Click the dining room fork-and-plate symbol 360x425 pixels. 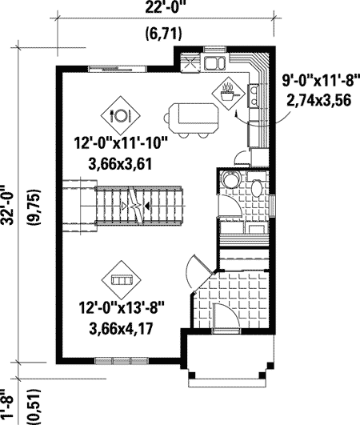pos(121,116)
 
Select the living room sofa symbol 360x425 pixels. pos(122,280)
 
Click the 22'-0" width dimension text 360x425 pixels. pos(165,7)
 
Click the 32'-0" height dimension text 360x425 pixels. pos(7,205)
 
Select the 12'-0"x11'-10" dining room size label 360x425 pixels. pos(121,143)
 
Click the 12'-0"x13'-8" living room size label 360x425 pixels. pos(122,307)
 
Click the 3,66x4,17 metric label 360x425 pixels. pos(121,328)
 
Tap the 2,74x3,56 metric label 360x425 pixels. pos(319,100)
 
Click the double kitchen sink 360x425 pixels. pos(215,63)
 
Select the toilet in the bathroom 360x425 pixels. pos(257,185)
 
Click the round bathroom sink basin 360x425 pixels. pos(230,179)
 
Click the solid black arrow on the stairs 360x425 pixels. pos(146,206)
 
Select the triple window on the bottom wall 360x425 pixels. pos(122,361)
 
